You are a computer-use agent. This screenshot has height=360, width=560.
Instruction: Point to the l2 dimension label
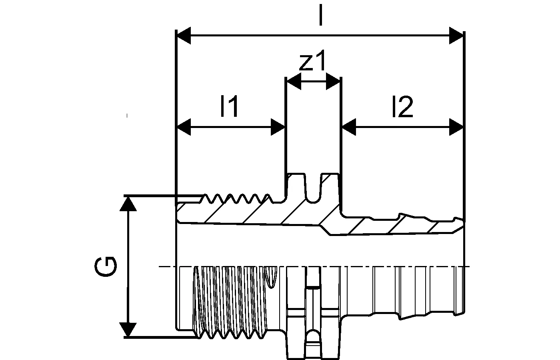[x=402, y=107]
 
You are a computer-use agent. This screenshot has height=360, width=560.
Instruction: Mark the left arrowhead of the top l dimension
[x=184, y=35]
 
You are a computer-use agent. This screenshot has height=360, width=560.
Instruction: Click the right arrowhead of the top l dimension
[x=456, y=35]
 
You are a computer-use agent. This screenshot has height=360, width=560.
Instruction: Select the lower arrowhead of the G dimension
[x=128, y=330]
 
